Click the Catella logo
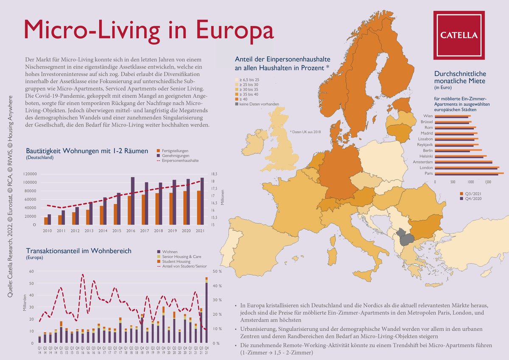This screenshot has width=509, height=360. coord(458,35)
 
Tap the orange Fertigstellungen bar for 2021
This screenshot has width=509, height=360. coord(199,208)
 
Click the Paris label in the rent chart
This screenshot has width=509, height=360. coord(428,174)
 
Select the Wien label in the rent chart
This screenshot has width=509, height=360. coord(428,116)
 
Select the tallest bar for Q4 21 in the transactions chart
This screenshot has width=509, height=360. coord(207,312)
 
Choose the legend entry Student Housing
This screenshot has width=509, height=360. coord(175,262)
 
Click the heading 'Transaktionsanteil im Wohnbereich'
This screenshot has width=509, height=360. coord(78,251)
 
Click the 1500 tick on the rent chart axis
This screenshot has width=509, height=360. coord(489,181)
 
